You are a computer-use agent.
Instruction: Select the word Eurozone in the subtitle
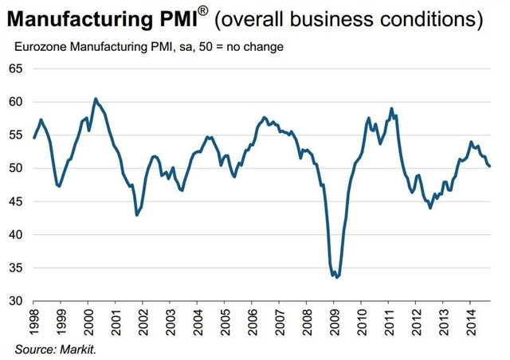pyautogui.click(x=40, y=47)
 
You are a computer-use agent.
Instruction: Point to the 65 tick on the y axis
pyautogui.click(x=16, y=68)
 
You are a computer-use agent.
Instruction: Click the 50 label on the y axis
pyautogui.click(x=16, y=168)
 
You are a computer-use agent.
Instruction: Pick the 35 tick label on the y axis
pyautogui.click(x=16, y=268)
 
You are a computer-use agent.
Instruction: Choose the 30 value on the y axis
pyautogui.click(x=16, y=301)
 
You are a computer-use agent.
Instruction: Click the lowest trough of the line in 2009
pyautogui.click(x=337, y=277)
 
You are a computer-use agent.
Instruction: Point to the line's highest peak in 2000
pyautogui.click(x=96, y=99)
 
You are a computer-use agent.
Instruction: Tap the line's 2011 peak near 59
pyautogui.click(x=391, y=108)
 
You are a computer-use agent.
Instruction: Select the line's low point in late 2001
pyautogui.click(x=137, y=215)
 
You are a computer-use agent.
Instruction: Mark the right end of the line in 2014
pyautogui.click(x=489, y=166)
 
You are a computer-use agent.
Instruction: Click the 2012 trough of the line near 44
pyautogui.click(x=430, y=208)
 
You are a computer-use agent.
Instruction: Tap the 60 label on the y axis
pyautogui.click(x=16, y=102)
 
